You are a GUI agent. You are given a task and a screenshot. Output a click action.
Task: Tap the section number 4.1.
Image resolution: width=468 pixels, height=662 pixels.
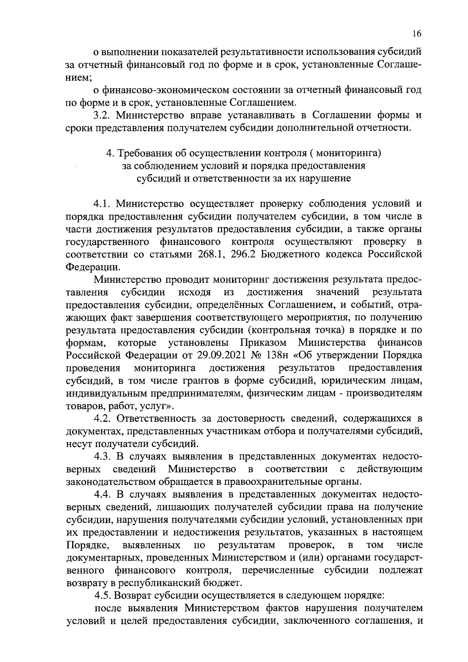[102, 204]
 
